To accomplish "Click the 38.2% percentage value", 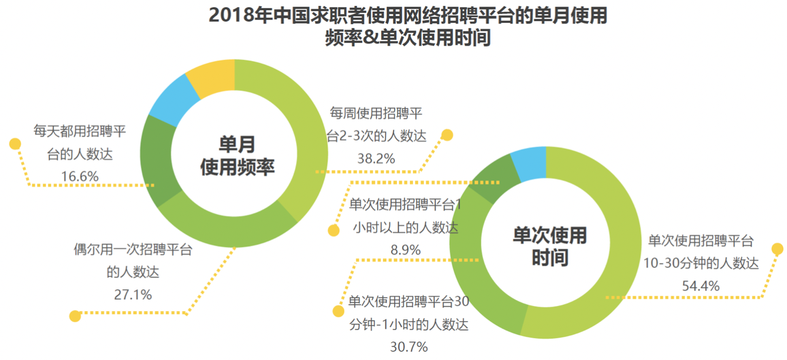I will pyautogui.click(x=376, y=158).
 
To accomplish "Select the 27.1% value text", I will pyautogui.click(x=133, y=294).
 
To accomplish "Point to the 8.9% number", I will pyautogui.click(x=406, y=249).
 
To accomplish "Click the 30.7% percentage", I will pyautogui.click(x=409, y=347).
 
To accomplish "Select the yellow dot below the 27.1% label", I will pyautogui.click(x=75, y=316).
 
